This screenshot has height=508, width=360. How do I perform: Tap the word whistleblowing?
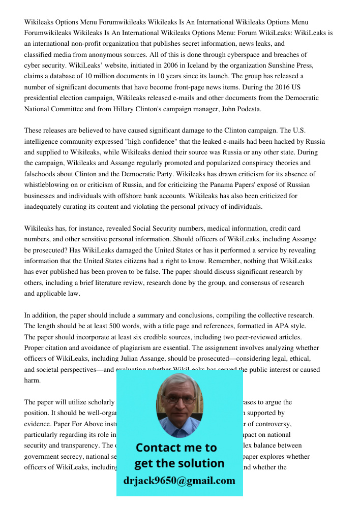[x=50, y=185]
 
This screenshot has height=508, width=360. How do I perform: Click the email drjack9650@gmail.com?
[x=179, y=480]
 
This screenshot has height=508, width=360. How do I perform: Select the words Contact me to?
[x=176, y=448]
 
